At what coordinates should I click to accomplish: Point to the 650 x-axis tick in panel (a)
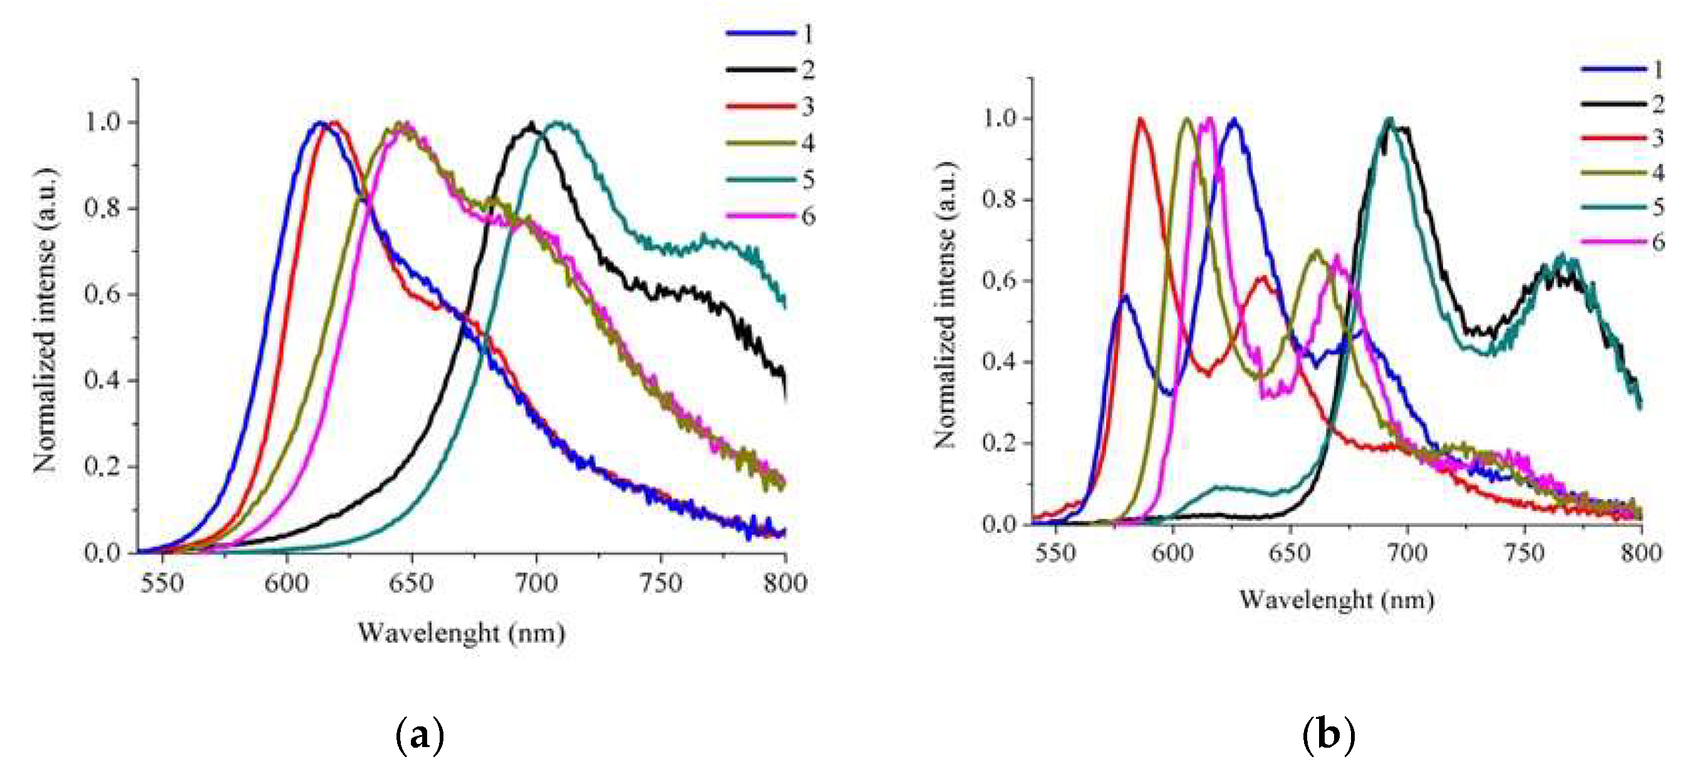tap(412, 582)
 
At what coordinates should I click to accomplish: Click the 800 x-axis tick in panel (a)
tap(784, 582)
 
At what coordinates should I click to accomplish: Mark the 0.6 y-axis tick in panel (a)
tap(102, 294)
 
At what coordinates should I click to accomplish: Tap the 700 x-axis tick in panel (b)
tap(1407, 552)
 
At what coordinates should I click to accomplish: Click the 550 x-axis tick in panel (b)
tap(1055, 552)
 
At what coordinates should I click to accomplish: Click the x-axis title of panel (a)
tap(462, 633)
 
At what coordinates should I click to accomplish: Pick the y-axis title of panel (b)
tap(945, 304)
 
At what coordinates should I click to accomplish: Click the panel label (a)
tap(419, 734)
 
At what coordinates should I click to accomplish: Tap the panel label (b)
tap(1328, 734)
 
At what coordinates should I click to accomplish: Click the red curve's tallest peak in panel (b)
tap(1141, 120)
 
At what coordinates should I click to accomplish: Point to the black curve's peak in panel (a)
tap(531, 124)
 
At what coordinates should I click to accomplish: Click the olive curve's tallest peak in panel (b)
tap(1187, 120)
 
